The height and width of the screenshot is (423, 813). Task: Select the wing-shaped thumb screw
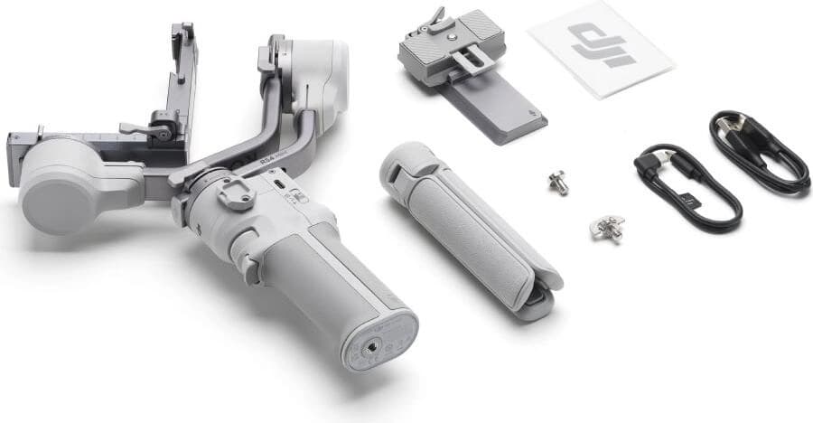coord(605,227)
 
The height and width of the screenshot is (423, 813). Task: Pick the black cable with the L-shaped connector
coord(687,185)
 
